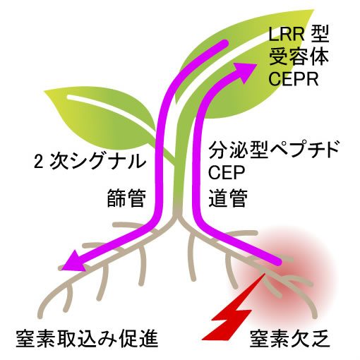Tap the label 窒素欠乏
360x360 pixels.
coord(290,339)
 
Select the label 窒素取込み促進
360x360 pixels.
coord(87,339)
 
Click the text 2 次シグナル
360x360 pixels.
coord(90,162)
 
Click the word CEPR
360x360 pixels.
coord(294,79)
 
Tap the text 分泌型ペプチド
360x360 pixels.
coord(274,150)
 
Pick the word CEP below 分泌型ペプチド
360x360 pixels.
coord(227,172)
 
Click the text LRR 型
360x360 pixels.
coord(299,34)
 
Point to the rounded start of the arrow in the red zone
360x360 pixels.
coord(277,261)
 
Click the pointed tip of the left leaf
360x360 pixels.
coord(44,90)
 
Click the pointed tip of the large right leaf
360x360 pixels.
coord(314,10)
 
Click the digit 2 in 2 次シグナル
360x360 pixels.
coord(38,162)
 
